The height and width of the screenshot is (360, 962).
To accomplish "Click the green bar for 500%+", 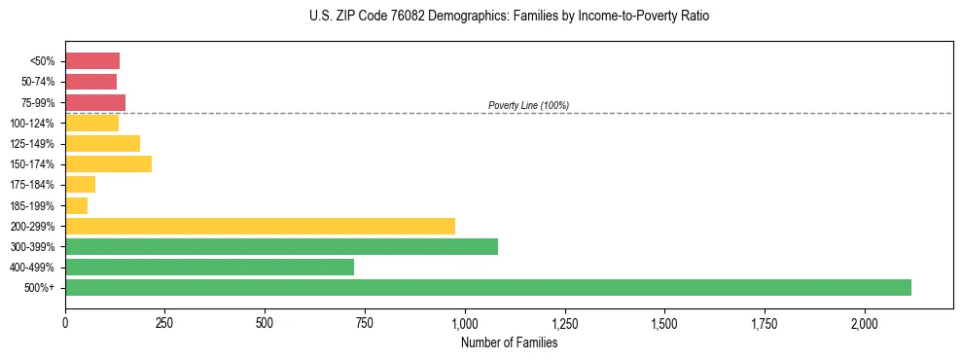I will pyautogui.click(x=487, y=287).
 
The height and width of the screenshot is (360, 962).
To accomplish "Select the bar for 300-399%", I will pyautogui.click(x=281, y=246).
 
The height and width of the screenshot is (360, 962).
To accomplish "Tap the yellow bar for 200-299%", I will pyautogui.click(x=260, y=226).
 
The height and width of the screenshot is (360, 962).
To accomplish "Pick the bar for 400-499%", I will pyautogui.click(x=209, y=267).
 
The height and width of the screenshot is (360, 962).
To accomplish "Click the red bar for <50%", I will pyautogui.click(x=92, y=60).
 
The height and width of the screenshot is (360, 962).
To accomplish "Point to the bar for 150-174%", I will pyautogui.click(x=108, y=163).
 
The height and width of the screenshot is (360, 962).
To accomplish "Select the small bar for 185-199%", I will pyautogui.click(x=76, y=205).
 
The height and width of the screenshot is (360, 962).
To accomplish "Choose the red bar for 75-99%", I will pyautogui.click(x=95, y=102).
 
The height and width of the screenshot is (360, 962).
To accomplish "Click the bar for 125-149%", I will pyautogui.click(x=102, y=143).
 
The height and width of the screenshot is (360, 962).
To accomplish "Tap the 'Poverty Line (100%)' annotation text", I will pyautogui.click(x=528, y=105).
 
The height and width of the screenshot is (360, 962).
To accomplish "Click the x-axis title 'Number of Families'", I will pyautogui.click(x=509, y=342).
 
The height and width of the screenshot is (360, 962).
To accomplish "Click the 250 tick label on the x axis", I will pyautogui.click(x=164, y=322).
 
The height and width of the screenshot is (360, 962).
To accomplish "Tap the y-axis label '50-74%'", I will pyautogui.click(x=40, y=82).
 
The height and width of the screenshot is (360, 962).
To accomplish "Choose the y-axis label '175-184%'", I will pyautogui.click(x=37, y=185).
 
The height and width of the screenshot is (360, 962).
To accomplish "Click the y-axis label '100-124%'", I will pyautogui.click(x=37, y=123).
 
